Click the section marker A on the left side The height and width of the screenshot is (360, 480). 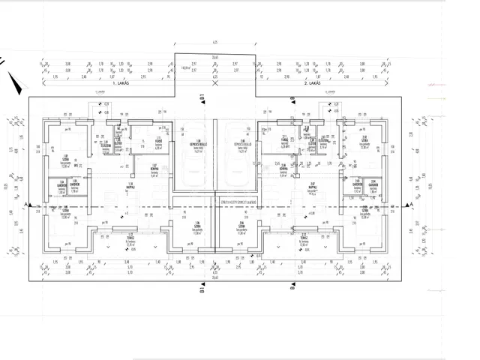pyautogui.click(x=25, y=204)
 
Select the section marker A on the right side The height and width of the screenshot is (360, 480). pyautogui.click(x=410, y=204)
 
